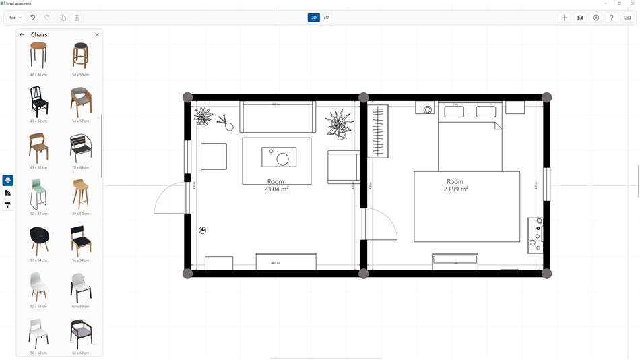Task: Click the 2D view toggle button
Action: pyautogui.click(x=313, y=18)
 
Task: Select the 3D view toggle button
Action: pyautogui.click(x=326, y=18)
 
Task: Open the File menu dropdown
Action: pyautogui.click(x=15, y=18)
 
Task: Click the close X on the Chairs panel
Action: pyautogui.click(x=97, y=35)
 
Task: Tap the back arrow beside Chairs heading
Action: pyautogui.click(x=22, y=35)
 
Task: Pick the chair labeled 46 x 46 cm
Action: pyautogui.click(x=38, y=55)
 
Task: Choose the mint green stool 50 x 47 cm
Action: pyautogui.click(x=38, y=194)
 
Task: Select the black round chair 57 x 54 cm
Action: pyautogui.click(x=38, y=241)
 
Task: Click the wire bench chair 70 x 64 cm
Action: pyautogui.click(x=80, y=148)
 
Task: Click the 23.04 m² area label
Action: pyautogui.click(x=276, y=189)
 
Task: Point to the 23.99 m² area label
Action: pyautogui.click(x=455, y=189)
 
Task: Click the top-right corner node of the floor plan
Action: pyautogui.click(x=546, y=98)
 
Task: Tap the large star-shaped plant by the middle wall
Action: pyautogui.click(x=339, y=123)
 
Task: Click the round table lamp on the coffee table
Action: pyautogui.click(x=283, y=160)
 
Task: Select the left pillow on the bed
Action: pyautogui.click(x=454, y=112)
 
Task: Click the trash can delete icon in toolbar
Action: pyautogui.click(x=77, y=18)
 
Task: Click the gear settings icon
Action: pyautogui.click(x=596, y=18)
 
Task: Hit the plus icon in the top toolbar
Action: pyautogui.click(x=565, y=18)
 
